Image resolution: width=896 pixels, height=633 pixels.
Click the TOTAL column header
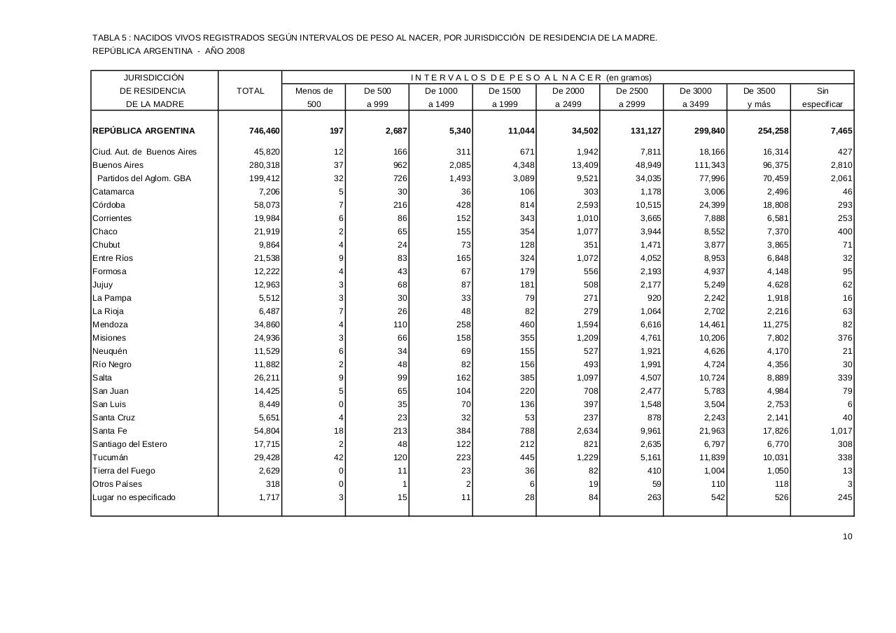tap(251, 91)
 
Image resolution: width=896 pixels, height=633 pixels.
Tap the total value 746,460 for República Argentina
tap(265, 131)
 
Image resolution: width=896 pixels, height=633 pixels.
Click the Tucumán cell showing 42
tap(337, 457)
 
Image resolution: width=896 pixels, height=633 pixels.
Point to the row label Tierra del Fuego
tap(124, 471)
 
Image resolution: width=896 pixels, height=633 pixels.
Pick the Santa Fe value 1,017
tap(841, 431)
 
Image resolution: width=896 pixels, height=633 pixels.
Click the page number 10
tap(847, 536)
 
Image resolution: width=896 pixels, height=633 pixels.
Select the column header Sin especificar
tap(822, 98)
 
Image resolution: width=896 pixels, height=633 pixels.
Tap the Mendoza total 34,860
tap(267, 325)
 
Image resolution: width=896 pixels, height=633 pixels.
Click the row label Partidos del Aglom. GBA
tap(144, 178)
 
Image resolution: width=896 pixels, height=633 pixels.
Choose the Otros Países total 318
tap(272, 484)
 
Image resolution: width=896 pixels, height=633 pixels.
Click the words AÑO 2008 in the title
tap(225, 51)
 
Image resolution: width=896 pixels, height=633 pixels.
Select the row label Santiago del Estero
tap(129, 444)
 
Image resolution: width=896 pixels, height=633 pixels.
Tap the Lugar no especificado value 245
tap(844, 497)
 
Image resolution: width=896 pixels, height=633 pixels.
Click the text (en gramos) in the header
tap(629, 78)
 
